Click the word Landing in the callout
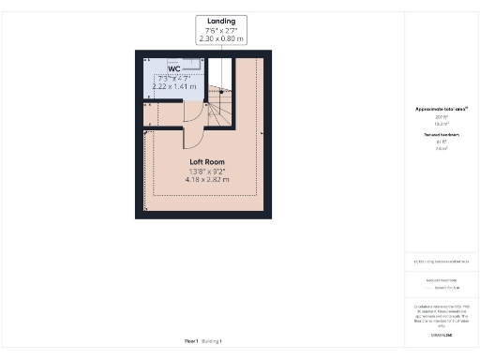point(222,21)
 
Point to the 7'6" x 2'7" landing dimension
point(222,31)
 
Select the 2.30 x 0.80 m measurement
point(222,40)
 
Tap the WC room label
point(174,69)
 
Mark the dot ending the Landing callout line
point(221,91)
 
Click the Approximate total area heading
point(442,110)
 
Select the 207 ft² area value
point(442,117)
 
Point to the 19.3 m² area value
point(442,124)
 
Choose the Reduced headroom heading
point(442,135)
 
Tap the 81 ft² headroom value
point(442,142)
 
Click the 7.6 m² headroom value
point(442,148)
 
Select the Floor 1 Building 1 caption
point(202,341)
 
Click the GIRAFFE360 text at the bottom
point(442,334)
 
